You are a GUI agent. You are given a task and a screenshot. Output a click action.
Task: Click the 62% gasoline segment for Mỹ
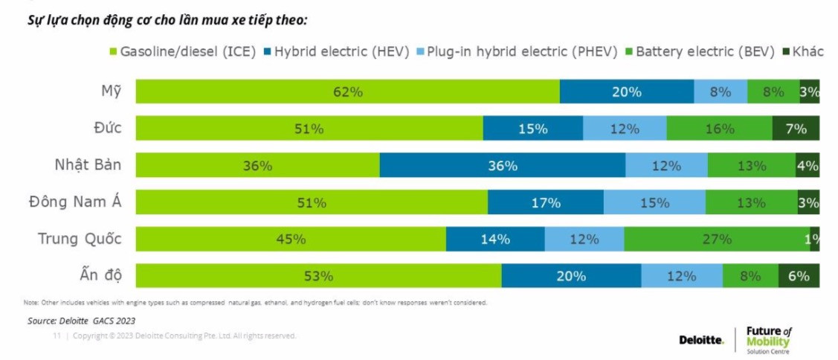(x=347, y=92)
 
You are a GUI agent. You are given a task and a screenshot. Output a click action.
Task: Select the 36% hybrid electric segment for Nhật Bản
(x=502, y=166)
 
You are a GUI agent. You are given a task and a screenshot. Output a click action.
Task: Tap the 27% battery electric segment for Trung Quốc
(x=717, y=240)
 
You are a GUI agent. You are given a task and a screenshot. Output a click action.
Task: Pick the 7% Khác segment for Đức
(x=796, y=129)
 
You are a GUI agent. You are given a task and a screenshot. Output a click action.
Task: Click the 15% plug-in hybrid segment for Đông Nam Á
(x=654, y=202)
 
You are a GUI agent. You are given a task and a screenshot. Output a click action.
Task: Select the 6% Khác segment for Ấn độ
(x=799, y=276)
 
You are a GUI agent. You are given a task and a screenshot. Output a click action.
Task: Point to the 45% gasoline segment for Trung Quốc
(x=291, y=240)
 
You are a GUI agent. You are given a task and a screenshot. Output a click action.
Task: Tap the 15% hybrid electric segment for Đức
(x=532, y=129)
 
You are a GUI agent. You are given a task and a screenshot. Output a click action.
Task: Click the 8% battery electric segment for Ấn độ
(x=750, y=276)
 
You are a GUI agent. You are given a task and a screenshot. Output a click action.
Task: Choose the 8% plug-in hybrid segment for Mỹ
(x=720, y=92)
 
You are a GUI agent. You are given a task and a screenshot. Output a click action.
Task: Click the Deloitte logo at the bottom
(x=701, y=340)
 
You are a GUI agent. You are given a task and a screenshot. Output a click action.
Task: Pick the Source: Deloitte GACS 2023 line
(x=82, y=321)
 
